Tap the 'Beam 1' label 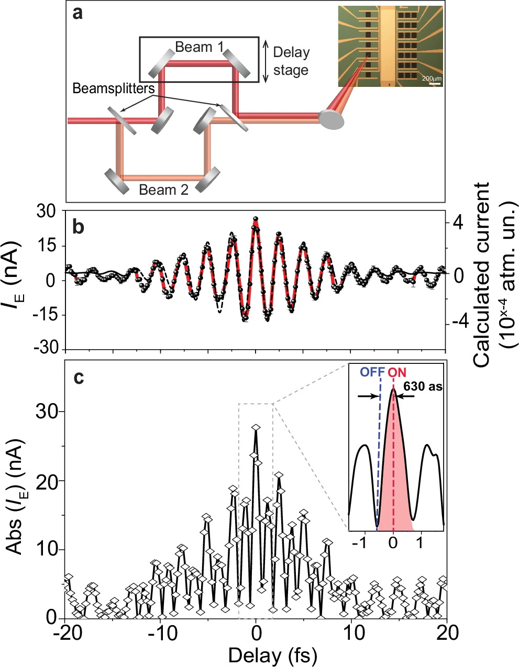coord(199,47)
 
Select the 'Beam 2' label coord(163,190)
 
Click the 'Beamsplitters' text coord(114,88)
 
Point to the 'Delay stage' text coord(291,61)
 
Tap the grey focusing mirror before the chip coord(332,119)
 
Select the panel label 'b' coord(78,228)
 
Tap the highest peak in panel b coord(256,219)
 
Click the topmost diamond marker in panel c coord(256,428)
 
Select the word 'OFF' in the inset coord(372,373)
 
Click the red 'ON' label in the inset coord(397,373)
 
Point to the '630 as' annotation coord(423,387)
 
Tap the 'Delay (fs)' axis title coord(256,654)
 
